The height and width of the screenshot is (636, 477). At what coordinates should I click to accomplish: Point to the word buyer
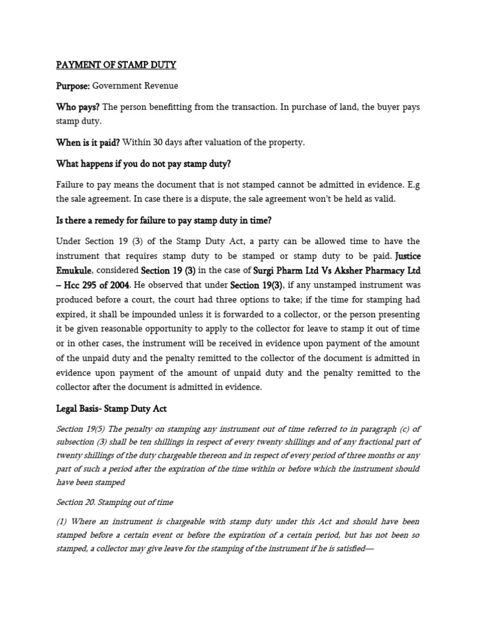[x=369, y=107]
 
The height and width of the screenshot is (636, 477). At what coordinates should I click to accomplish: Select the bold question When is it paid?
[x=88, y=142]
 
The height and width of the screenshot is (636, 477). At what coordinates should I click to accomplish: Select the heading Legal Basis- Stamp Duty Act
[x=111, y=409]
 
